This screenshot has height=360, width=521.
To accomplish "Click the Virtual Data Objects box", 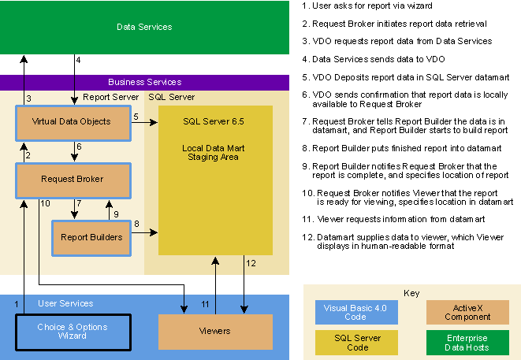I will pyautogui.click(x=71, y=121).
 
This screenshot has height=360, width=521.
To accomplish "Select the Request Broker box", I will pyautogui.click(x=71, y=180).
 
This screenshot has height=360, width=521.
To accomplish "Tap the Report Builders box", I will pyautogui.click(x=91, y=236).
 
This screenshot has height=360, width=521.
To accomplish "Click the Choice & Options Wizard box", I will pyautogui.click(x=72, y=332).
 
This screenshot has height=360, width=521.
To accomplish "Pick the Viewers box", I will pyautogui.click(x=214, y=331).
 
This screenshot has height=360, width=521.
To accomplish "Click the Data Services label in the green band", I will pyautogui.click(x=144, y=27).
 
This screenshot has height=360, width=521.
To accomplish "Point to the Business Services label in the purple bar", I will pyautogui.click(x=144, y=82).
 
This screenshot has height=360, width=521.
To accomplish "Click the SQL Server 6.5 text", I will pyautogui.click(x=215, y=122).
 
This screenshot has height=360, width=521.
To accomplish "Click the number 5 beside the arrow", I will pyautogui.click(x=136, y=117).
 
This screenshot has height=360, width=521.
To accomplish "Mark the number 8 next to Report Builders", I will pyautogui.click(x=136, y=225).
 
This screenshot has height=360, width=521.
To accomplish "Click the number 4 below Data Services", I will pyautogui.click(x=78, y=60).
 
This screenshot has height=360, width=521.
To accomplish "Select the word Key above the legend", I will pyautogui.click(x=411, y=293).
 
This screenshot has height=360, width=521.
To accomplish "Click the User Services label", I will pyautogui.click(x=65, y=303).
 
